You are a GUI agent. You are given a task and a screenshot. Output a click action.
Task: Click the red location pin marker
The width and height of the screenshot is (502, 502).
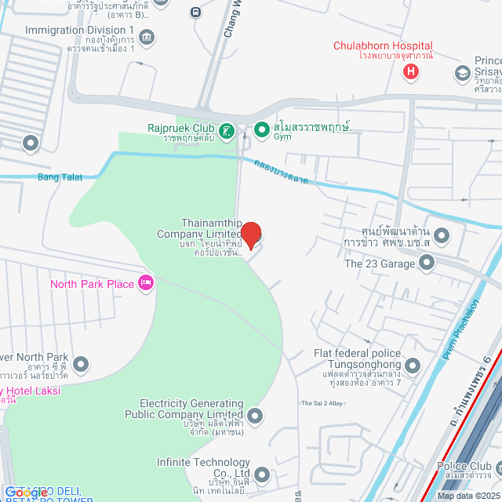pyautogui.click(x=250, y=233)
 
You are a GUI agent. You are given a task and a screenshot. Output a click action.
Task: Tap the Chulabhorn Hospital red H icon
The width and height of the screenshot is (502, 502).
pyautogui.click(x=410, y=73)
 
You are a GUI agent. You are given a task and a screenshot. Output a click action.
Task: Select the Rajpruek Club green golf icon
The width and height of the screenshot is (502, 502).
pyautogui.click(x=227, y=129)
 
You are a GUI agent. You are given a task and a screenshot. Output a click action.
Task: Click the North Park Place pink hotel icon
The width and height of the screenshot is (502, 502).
pyautogui.click(x=145, y=283)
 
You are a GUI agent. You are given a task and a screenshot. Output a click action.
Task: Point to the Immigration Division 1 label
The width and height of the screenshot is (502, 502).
pyautogui.click(x=80, y=31)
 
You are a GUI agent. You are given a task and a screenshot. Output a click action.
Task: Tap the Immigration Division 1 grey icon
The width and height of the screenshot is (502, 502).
pyautogui.click(x=147, y=36)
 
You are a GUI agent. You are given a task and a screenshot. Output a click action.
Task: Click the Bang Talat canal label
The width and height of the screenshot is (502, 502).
pyautogui.click(x=60, y=177)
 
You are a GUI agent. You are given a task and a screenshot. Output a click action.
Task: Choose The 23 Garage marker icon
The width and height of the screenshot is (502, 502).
pyautogui.click(x=426, y=264)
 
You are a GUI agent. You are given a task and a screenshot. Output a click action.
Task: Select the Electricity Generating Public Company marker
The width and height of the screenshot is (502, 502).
pyautogui.click(x=253, y=415)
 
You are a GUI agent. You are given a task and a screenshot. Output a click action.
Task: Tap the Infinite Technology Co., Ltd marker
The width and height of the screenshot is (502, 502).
pyautogui.click(x=262, y=474)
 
